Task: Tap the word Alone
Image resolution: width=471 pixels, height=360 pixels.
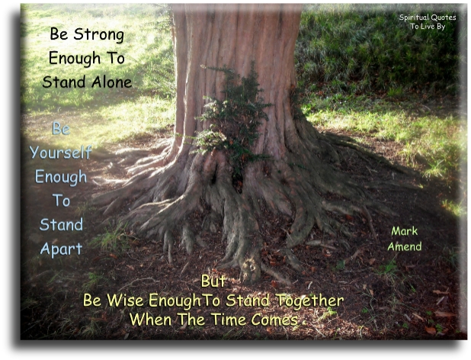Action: coord(110,82)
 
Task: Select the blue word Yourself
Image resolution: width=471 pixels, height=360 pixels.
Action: coord(60,152)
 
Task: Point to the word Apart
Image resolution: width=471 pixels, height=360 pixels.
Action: coord(60,249)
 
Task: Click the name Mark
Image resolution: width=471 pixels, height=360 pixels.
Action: coord(405,230)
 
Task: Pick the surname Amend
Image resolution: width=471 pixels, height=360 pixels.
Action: coord(405,247)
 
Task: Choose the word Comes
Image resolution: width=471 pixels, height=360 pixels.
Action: coord(274,320)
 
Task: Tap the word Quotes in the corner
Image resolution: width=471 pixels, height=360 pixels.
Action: coord(444,18)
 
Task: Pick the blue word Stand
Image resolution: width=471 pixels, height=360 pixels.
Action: coord(60,225)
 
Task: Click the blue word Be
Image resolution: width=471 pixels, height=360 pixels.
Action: coord(61,127)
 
